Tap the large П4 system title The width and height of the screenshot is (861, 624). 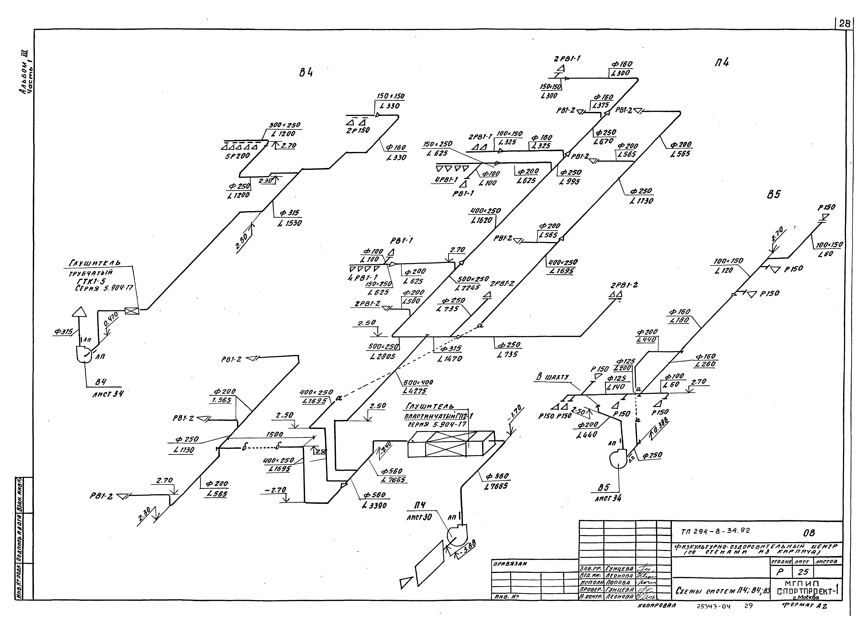coord(721,63)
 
